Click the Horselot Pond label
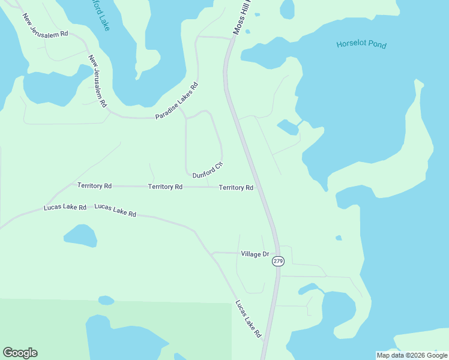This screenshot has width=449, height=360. click(x=361, y=44)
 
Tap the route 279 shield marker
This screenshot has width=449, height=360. click(x=277, y=261)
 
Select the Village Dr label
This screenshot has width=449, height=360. click(x=255, y=254)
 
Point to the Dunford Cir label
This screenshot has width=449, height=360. click(x=208, y=170)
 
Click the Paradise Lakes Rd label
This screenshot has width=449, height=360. click(x=176, y=100)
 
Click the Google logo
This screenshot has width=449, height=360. click(x=20, y=353)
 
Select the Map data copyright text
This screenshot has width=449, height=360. click(x=412, y=355)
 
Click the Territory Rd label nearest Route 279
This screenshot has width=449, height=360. click(x=236, y=188)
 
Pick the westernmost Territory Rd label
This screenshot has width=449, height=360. click(x=94, y=186)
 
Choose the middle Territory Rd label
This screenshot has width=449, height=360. click(x=165, y=187)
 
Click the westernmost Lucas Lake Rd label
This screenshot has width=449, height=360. click(x=65, y=207)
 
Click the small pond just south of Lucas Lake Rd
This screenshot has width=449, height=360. click(x=80, y=236)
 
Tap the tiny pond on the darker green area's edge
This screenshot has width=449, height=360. click(x=106, y=300)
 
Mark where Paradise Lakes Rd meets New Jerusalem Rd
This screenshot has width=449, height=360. click(x=110, y=111)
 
